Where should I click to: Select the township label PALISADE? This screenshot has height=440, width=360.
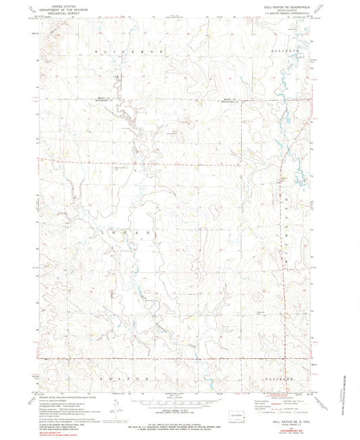[277, 379]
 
